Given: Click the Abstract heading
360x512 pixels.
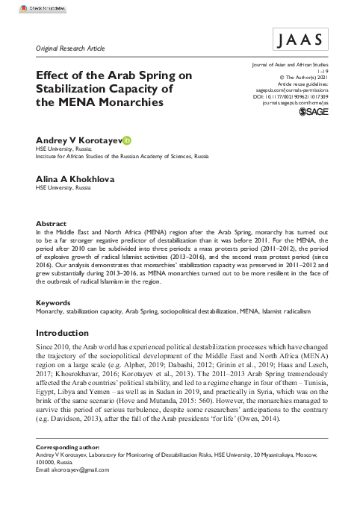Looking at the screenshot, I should pos(52,223).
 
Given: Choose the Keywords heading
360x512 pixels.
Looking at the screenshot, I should pos(55,303).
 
